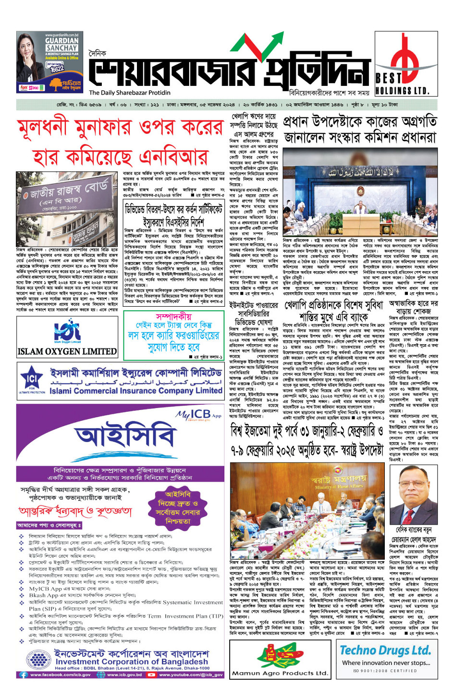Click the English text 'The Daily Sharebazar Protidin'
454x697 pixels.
click(130, 93)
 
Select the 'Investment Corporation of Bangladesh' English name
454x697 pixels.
click(132, 661)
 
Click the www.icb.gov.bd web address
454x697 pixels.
click(124, 674)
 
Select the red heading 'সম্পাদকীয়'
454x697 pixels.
click(173, 317)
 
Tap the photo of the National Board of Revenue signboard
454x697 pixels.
click(67, 209)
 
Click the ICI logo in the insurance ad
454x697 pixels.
click(32, 382)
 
